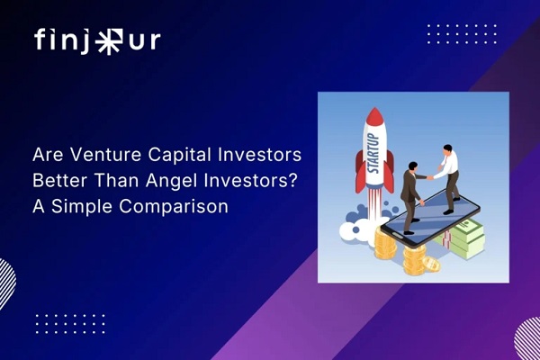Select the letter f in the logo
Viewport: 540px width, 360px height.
[41, 40]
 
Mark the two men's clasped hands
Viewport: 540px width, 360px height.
[428, 176]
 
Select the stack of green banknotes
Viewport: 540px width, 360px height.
[468, 238]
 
